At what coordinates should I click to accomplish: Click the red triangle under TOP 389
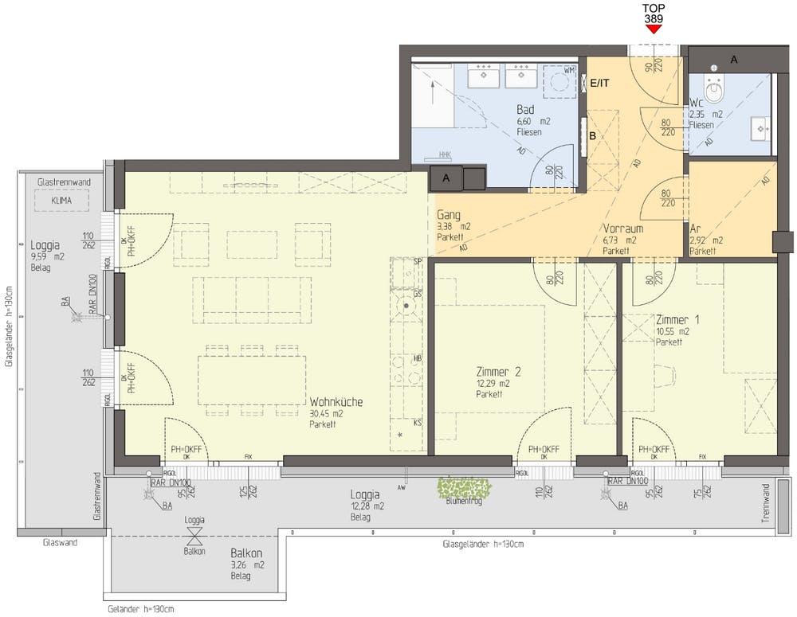654,29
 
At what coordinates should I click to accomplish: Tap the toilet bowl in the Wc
717,93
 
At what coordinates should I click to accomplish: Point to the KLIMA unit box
61,202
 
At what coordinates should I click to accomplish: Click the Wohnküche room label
336,402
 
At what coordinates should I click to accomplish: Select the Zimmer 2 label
498,372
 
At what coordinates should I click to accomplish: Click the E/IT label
599,83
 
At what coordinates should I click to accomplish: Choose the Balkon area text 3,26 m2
247,564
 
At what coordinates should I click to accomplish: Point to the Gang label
449,214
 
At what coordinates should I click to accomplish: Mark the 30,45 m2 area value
326,414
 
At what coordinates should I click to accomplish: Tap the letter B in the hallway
592,135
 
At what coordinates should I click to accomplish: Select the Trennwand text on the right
766,502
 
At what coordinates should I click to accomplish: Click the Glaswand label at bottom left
60,544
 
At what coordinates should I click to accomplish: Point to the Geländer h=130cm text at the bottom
140,609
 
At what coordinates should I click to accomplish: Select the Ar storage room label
695,228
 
